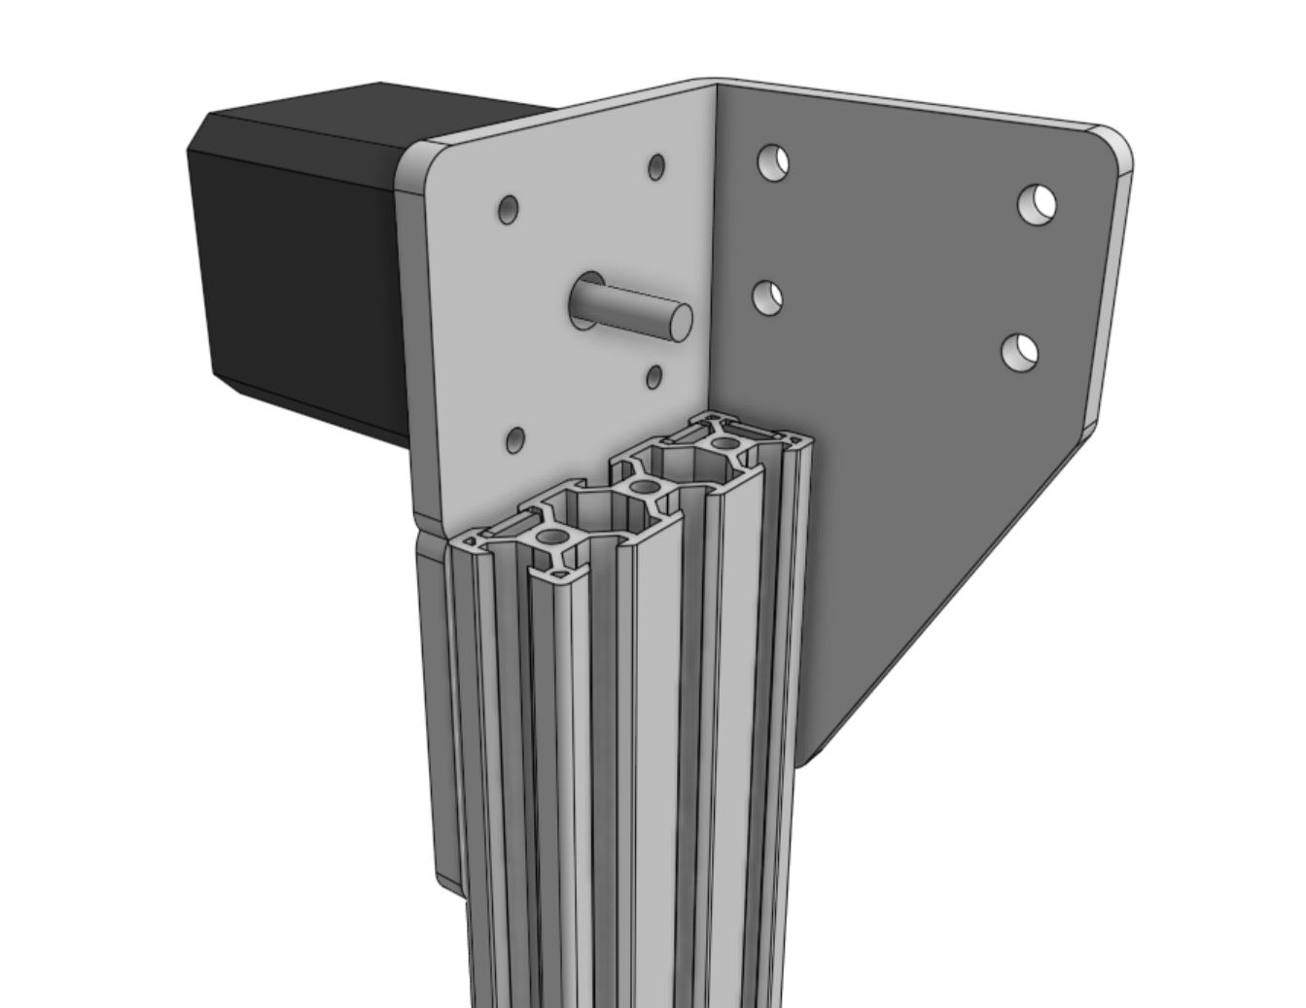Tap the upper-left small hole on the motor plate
click(508, 209)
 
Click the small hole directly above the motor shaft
click(656, 166)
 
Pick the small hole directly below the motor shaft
click(654, 376)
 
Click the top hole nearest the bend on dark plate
click(772, 161)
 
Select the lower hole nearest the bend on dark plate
click(769, 297)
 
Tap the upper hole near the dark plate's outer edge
click(1038, 204)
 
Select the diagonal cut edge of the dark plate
click(953, 593)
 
